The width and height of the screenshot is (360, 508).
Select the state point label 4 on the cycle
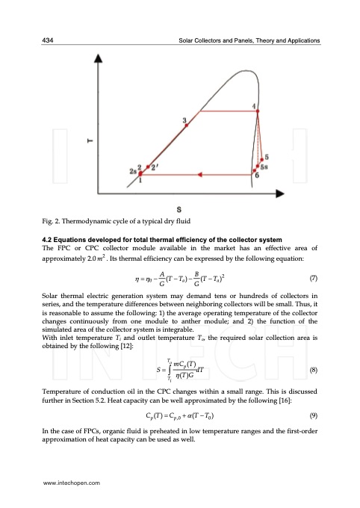tap(255, 106)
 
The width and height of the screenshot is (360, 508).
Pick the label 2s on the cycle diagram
tap(133, 172)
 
